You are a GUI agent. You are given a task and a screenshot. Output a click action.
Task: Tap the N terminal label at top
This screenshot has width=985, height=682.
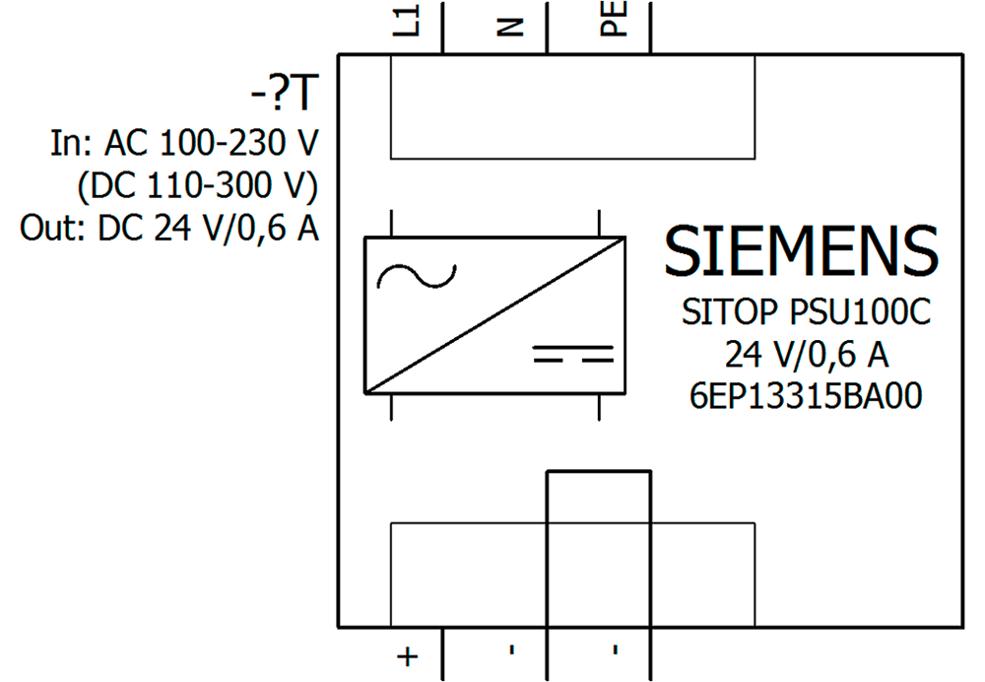pyautogui.click(x=510, y=26)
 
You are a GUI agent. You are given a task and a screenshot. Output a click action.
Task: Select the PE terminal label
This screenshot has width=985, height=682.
pyautogui.click(x=614, y=18)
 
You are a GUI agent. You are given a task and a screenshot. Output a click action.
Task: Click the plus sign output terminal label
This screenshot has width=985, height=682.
pyautogui.click(x=408, y=656)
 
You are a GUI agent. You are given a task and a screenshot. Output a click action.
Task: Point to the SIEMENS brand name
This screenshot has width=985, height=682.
pyautogui.click(x=801, y=250)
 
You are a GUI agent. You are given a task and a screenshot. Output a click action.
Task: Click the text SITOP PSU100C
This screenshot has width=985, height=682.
pyautogui.click(x=806, y=311)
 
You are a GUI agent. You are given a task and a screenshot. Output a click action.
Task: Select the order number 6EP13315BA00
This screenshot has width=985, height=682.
pyautogui.click(x=806, y=396)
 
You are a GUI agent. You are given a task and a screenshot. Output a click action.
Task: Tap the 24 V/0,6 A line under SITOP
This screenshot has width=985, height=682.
pyautogui.click(x=808, y=354)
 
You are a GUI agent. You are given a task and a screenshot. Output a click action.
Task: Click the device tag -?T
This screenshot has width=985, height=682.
pyautogui.click(x=285, y=94)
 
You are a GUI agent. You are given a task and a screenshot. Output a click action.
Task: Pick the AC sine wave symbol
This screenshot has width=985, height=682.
pyautogui.click(x=417, y=275)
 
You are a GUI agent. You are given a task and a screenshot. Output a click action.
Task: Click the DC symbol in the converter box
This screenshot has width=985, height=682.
pyautogui.click(x=573, y=353)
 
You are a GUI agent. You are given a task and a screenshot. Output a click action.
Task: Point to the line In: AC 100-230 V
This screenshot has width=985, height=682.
pyautogui.click(x=185, y=143)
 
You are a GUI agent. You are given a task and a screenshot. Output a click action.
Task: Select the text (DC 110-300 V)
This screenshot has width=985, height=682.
pyautogui.click(x=197, y=186)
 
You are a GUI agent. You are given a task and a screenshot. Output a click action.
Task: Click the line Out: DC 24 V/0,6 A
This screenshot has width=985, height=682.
pyautogui.click(x=169, y=228)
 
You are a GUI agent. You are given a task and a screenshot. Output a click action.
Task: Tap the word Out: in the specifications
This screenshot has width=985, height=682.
pyautogui.click(x=53, y=228)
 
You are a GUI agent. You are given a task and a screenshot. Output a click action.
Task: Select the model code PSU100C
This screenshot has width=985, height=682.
pyautogui.click(x=860, y=311)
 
